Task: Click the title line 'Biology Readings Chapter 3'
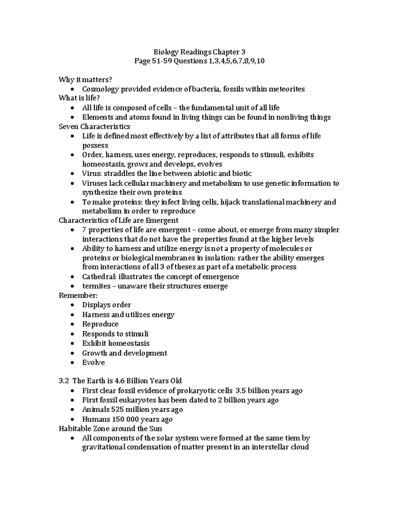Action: click(x=199, y=52)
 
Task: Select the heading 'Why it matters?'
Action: click(x=85, y=79)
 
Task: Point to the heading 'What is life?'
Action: click(x=79, y=98)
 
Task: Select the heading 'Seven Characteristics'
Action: click(x=94, y=127)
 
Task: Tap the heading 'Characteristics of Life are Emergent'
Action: click(x=118, y=221)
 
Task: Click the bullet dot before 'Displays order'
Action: click(x=72, y=305)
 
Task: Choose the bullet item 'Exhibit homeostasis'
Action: click(x=116, y=343)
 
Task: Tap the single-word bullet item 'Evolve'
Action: click(x=93, y=362)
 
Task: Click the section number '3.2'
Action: click(x=64, y=381)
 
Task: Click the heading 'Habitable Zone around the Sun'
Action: click(x=110, y=429)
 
